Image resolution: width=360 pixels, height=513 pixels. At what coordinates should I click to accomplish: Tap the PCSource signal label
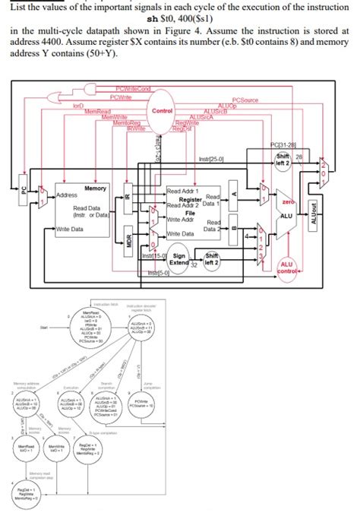point(245,100)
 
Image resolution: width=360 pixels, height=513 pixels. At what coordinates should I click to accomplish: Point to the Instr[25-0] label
point(210,158)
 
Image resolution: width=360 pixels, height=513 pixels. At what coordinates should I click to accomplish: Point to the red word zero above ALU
point(289,182)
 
